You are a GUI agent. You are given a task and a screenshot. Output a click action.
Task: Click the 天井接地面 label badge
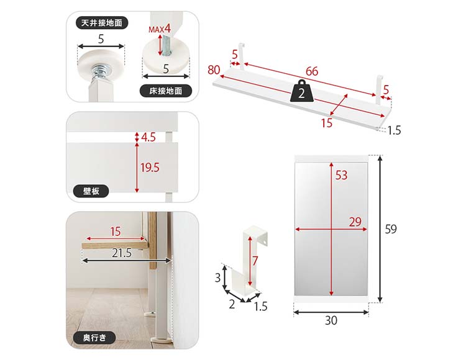[102, 23]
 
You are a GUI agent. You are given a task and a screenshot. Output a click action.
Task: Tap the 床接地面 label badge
[165, 91]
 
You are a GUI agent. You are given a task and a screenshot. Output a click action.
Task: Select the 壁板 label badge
[91, 191]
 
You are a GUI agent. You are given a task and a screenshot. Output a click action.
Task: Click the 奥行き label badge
[94, 338]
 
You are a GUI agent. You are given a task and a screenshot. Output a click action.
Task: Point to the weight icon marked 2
[301, 91]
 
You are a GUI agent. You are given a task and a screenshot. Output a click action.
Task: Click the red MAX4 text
[160, 29]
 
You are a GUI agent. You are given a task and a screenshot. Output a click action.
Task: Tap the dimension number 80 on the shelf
[214, 70]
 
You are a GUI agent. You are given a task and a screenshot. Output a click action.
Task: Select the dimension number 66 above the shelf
[312, 71]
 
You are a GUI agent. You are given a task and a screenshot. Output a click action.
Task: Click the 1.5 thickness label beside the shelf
[394, 130]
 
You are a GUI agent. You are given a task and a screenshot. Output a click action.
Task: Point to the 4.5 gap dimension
[148, 137]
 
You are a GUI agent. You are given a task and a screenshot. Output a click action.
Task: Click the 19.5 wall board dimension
[150, 168]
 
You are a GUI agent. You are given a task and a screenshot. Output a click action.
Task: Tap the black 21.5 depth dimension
[122, 253]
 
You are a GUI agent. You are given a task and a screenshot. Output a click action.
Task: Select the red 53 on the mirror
[341, 175]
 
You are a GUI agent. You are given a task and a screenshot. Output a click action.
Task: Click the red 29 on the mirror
[355, 222]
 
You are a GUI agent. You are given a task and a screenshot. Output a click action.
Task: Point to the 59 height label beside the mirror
[391, 229]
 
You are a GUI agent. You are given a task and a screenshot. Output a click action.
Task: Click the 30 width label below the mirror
[331, 320]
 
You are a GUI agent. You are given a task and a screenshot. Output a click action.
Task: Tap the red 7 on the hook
[255, 261]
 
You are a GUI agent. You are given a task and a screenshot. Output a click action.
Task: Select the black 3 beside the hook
[217, 278]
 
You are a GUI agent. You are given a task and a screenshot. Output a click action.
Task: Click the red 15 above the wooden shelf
[116, 232]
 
